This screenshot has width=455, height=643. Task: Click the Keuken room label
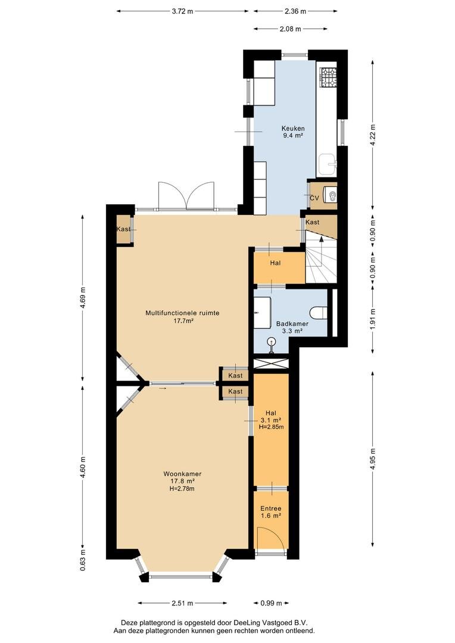point(292,129)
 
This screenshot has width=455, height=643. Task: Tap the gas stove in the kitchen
point(328,77)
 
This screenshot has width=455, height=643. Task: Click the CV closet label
point(314,198)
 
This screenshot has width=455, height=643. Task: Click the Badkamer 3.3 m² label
point(292,327)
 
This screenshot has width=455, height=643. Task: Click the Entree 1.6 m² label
point(271,512)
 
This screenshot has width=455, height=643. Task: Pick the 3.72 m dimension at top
point(183,11)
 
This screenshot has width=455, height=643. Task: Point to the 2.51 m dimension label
point(182,603)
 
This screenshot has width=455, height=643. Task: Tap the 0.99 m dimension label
point(271,603)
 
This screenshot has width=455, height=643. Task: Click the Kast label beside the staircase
point(313,222)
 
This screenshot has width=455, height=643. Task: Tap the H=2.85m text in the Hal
point(271,427)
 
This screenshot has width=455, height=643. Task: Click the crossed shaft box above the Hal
point(271,364)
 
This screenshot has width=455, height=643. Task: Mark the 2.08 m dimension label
point(291,29)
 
